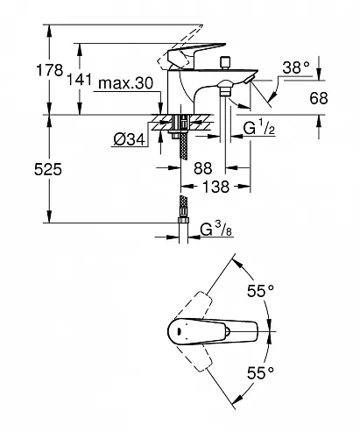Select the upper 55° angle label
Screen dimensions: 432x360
click(x=259, y=289)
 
